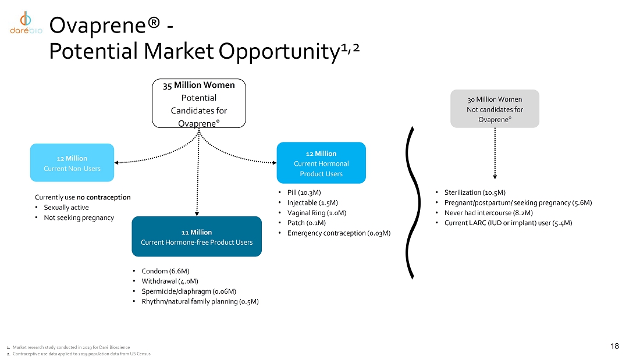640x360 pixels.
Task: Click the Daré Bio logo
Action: point(25,24)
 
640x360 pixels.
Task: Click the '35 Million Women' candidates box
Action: point(199,104)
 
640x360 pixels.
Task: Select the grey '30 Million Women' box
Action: point(495,109)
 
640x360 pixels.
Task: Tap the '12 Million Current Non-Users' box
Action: point(72,163)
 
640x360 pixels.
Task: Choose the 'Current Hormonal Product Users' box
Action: point(321,163)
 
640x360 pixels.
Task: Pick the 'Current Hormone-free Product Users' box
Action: point(197,237)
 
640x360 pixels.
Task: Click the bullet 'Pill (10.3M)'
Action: point(304,192)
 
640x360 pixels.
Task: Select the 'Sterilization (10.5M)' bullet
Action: point(474,193)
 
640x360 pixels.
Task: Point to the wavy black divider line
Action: point(413,204)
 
